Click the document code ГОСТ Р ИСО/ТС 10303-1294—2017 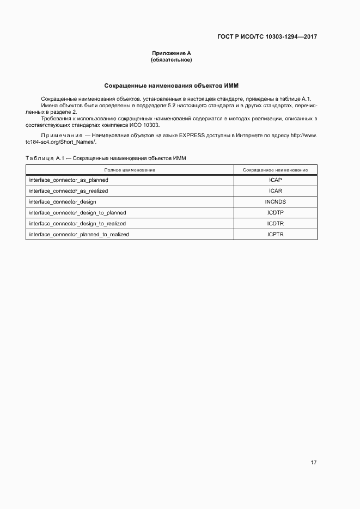(x=267, y=37)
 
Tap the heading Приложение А (x=172, y=53)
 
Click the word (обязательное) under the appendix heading (x=172, y=60)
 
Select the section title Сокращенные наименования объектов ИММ (x=172, y=85)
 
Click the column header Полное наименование (x=130, y=170)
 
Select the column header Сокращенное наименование (x=275, y=170)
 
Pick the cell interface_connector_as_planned (x=69, y=180)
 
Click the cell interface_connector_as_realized (x=69, y=191)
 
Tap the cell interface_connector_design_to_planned (x=77, y=212)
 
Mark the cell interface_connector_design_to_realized (x=77, y=223)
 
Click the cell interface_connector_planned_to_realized (x=79, y=235)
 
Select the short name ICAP (x=275, y=180)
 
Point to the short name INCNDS (x=275, y=201)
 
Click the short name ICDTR (x=275, y=223)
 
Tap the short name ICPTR (x=275, y=235)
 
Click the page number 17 (x=313, y=463)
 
